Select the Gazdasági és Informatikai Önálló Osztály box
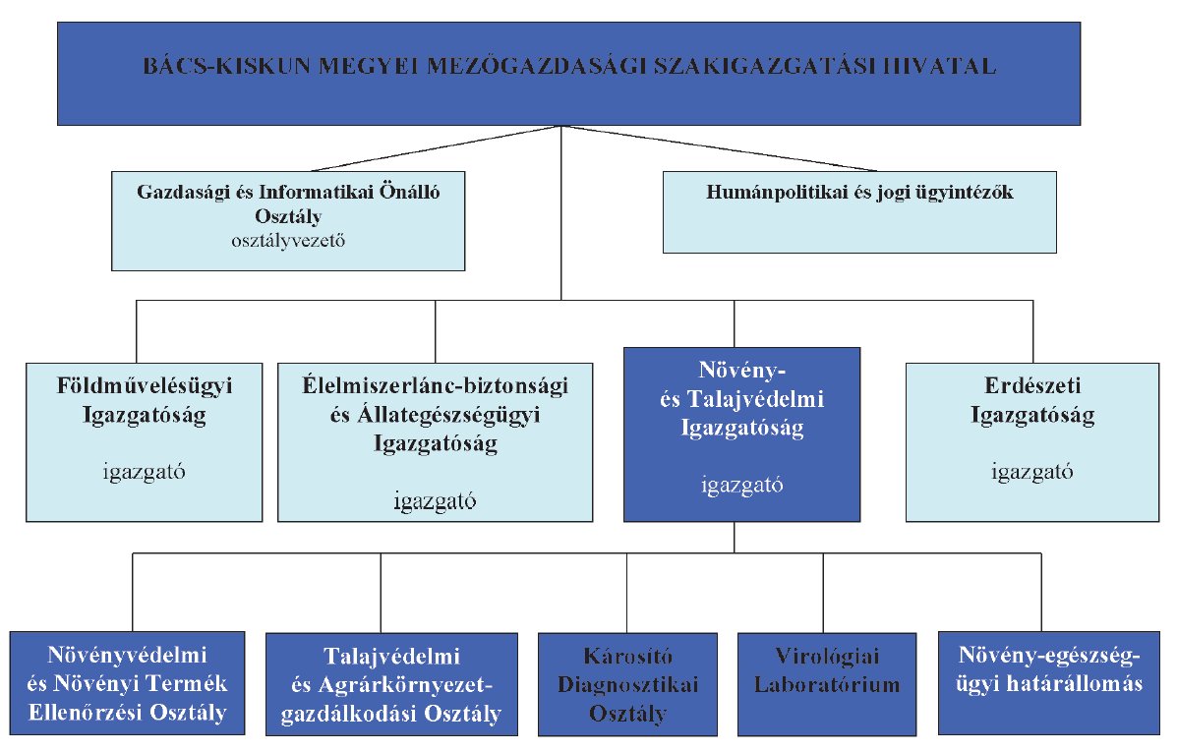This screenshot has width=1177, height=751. (x=287, y=221)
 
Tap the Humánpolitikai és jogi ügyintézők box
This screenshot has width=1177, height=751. (x=859, y=212)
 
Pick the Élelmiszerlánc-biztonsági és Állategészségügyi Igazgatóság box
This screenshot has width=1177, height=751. (x=436, y=442)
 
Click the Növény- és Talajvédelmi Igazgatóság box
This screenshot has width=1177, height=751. (x=742, y=433)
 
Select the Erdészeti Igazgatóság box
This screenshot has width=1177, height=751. (x=1032, y=442)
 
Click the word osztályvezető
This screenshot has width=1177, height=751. (x=287, y=240)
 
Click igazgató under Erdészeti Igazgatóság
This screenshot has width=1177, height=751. (x=1032, y=472)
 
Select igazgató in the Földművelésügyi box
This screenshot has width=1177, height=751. (x=145, y=472)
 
